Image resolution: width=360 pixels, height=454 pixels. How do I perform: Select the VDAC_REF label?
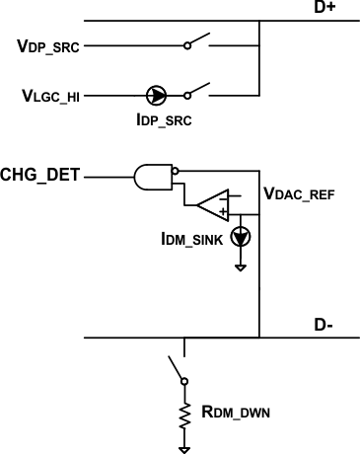coord(300,195)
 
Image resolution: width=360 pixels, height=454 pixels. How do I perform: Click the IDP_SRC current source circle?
coord(157,96)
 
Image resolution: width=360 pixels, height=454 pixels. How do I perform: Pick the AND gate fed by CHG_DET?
coord(152,178)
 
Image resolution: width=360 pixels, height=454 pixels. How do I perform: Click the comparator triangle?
coord(212,206)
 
